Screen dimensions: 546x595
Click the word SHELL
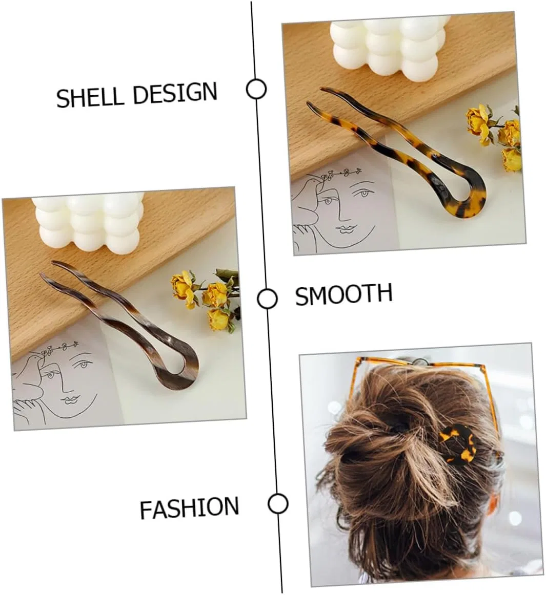(x=90, y=96)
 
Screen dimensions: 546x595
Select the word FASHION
(x=189, y=507)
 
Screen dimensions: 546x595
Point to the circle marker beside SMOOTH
(x=267, y=298)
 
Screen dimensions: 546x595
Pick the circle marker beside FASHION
(x=278, y=504)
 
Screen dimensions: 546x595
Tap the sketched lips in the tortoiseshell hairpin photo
(x=348, y=228)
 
